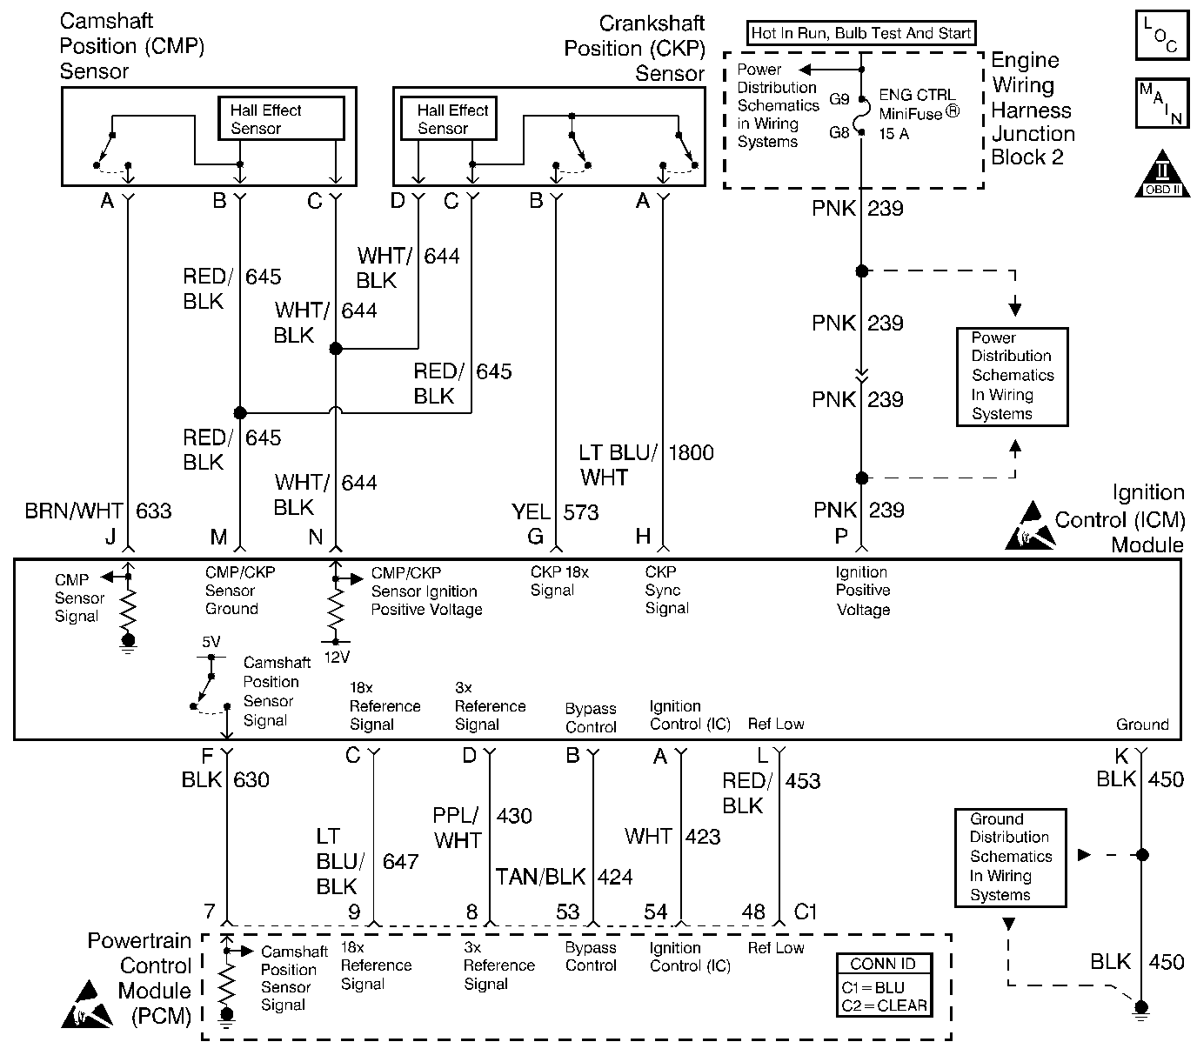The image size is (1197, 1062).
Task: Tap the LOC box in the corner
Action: [1161, 36]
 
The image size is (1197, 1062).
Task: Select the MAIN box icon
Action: [1161, 104]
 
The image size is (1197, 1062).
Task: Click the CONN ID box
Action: [884, 985]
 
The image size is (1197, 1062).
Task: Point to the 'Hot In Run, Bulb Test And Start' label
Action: [861, 33]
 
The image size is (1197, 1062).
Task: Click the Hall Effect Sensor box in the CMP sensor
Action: [281, 118]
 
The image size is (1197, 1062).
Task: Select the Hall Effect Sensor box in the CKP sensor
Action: [448, 118]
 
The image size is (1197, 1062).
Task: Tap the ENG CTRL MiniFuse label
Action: [919, 114]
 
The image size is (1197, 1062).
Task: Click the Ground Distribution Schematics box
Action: [1010, 857]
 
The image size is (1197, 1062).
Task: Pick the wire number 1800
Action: [691, 452]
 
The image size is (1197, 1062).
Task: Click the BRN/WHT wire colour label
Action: [73, 511]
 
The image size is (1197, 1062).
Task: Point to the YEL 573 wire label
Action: [555, 511]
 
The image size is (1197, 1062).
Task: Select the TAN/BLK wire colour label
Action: [540, 877]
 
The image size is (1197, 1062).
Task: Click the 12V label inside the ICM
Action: [337, 658]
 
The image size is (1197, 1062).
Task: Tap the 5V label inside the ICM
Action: [211, 642]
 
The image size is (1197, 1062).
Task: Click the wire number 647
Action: [400, 861]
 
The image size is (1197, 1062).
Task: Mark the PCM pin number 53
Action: [568, 912]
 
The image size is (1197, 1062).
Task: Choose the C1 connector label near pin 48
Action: [806, 912]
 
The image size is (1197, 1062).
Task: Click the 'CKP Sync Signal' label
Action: [666, 590]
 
